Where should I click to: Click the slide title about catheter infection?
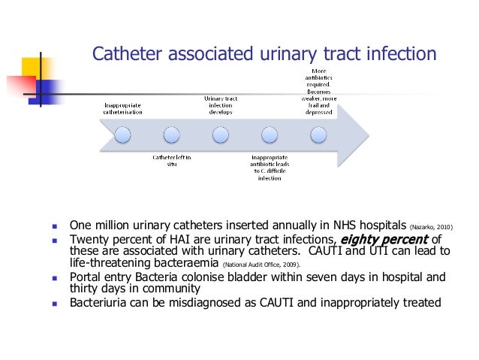(x=263, y=54)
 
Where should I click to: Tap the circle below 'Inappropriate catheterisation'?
(x=123, y=135)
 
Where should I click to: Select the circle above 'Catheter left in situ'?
(x=172, y=135)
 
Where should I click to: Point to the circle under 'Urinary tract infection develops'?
(x=221, y=135)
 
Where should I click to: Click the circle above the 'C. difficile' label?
(x=270, y=135)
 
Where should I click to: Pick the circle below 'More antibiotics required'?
(x=318, y=135)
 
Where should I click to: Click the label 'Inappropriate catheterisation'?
(x=123, y=108)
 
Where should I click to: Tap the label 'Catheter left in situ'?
(x=172, y=161)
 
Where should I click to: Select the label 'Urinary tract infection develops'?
(x=221, y=104)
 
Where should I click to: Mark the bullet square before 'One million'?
(x=55, y=225)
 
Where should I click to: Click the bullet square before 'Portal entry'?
(x=55, y=276)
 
